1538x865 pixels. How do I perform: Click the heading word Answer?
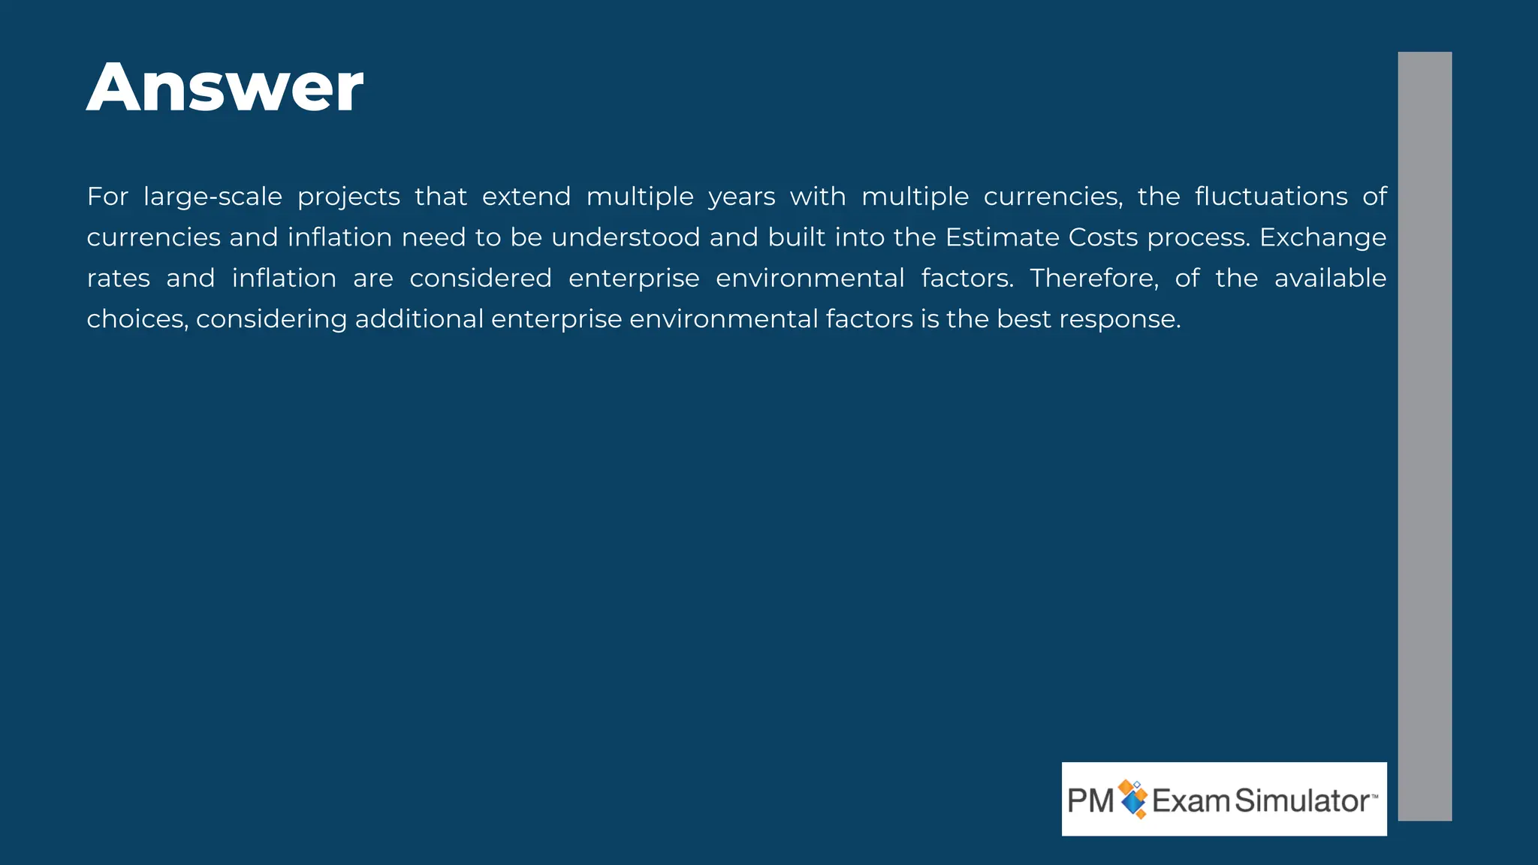click(x=225, y=89)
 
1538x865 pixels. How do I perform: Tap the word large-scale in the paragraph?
click(x=213, y=197)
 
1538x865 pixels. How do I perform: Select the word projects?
click(x=348, y=197)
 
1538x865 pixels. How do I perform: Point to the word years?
click(x=741, y=197)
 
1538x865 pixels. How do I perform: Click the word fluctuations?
click(x=1271, y=197)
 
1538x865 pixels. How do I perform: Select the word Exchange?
click(x=1322, y=238)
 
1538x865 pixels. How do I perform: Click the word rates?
click(x=119, y=279)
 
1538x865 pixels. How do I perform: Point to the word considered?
click(x=481, y=279)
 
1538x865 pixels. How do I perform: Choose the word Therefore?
click(x=1094, y=279)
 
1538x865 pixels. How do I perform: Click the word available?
click(x=1330, y=279)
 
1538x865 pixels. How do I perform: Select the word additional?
click(x=419, y=320)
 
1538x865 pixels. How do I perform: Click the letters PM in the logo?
click(x=1090, y=801)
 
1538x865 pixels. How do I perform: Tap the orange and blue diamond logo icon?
click(x=1133, y=799)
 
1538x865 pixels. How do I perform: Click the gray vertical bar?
click(x=1424, y=436)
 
